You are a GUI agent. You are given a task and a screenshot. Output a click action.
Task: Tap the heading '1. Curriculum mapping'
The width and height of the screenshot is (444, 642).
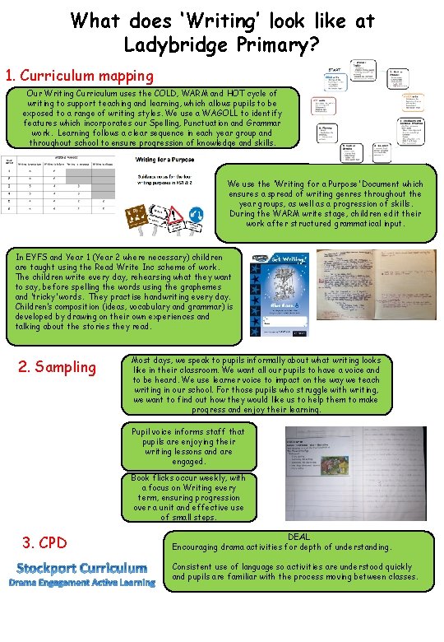point(80,76)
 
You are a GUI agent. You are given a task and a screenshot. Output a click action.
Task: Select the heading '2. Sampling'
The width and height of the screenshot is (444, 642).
point(57,367)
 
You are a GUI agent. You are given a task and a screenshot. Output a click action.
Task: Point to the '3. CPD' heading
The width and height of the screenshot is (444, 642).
point(44,542)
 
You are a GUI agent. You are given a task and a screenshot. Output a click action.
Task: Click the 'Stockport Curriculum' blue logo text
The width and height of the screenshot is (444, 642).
point(82,568)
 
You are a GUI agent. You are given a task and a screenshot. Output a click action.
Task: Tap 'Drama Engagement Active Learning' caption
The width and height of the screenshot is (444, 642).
point(82,583)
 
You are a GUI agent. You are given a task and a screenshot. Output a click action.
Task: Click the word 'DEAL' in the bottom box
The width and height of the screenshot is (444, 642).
point(298,537)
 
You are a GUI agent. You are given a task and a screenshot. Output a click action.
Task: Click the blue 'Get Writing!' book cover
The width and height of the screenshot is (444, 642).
point(280,295)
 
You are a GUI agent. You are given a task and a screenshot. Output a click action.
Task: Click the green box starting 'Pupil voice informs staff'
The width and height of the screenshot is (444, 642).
point(188,446)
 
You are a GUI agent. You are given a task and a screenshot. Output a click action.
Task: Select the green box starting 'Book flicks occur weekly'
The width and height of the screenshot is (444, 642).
point(188,497)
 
